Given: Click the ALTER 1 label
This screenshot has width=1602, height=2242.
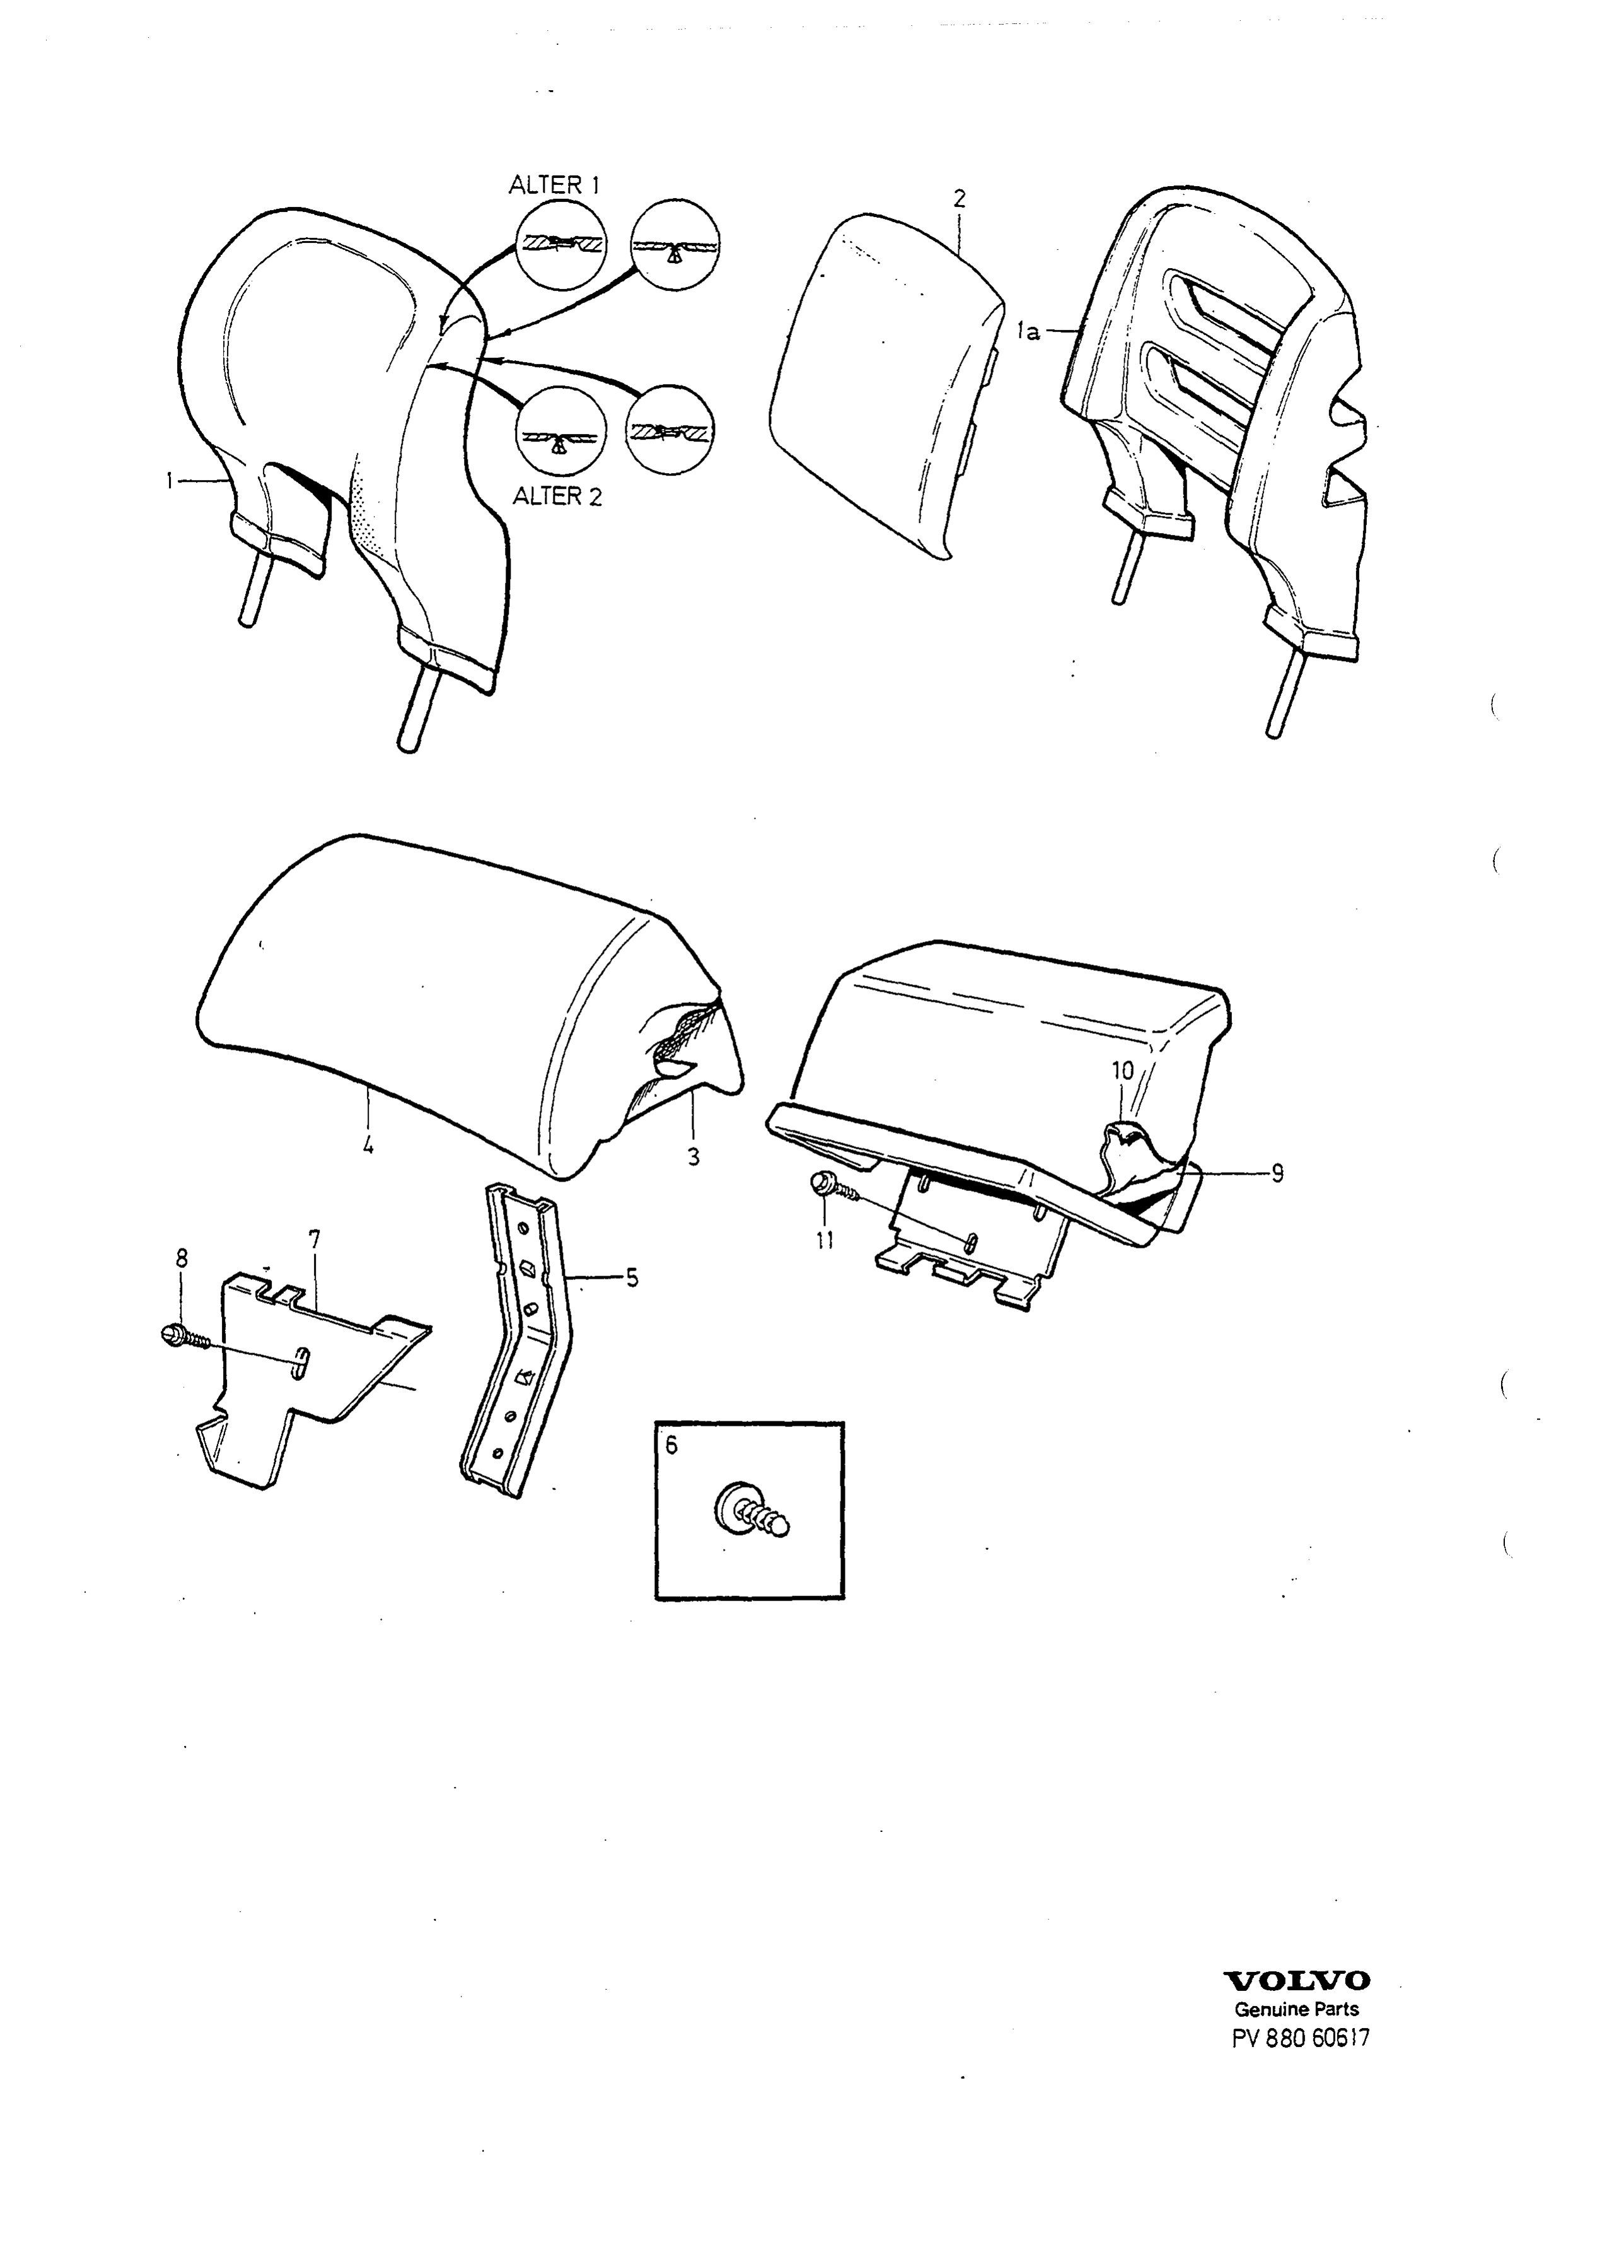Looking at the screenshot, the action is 554,185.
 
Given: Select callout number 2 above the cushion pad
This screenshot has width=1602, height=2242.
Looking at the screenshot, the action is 959,198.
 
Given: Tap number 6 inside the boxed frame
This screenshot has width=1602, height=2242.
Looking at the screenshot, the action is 672,1445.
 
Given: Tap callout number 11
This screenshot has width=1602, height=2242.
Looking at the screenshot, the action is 825,1240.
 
